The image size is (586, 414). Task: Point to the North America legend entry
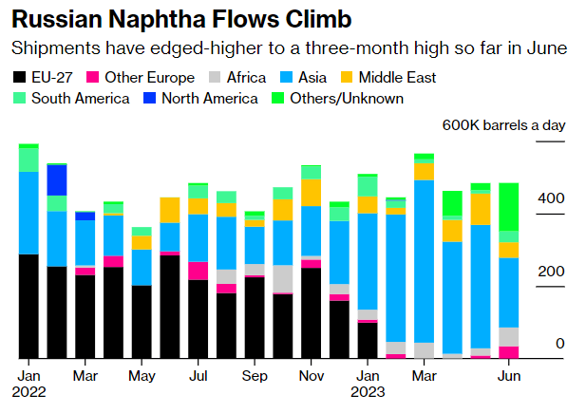pos(199,99)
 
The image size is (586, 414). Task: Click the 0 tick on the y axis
pos(560,344)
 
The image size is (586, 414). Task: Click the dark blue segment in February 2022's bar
pos(57,179)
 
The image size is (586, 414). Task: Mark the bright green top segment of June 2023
pos(509,206)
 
